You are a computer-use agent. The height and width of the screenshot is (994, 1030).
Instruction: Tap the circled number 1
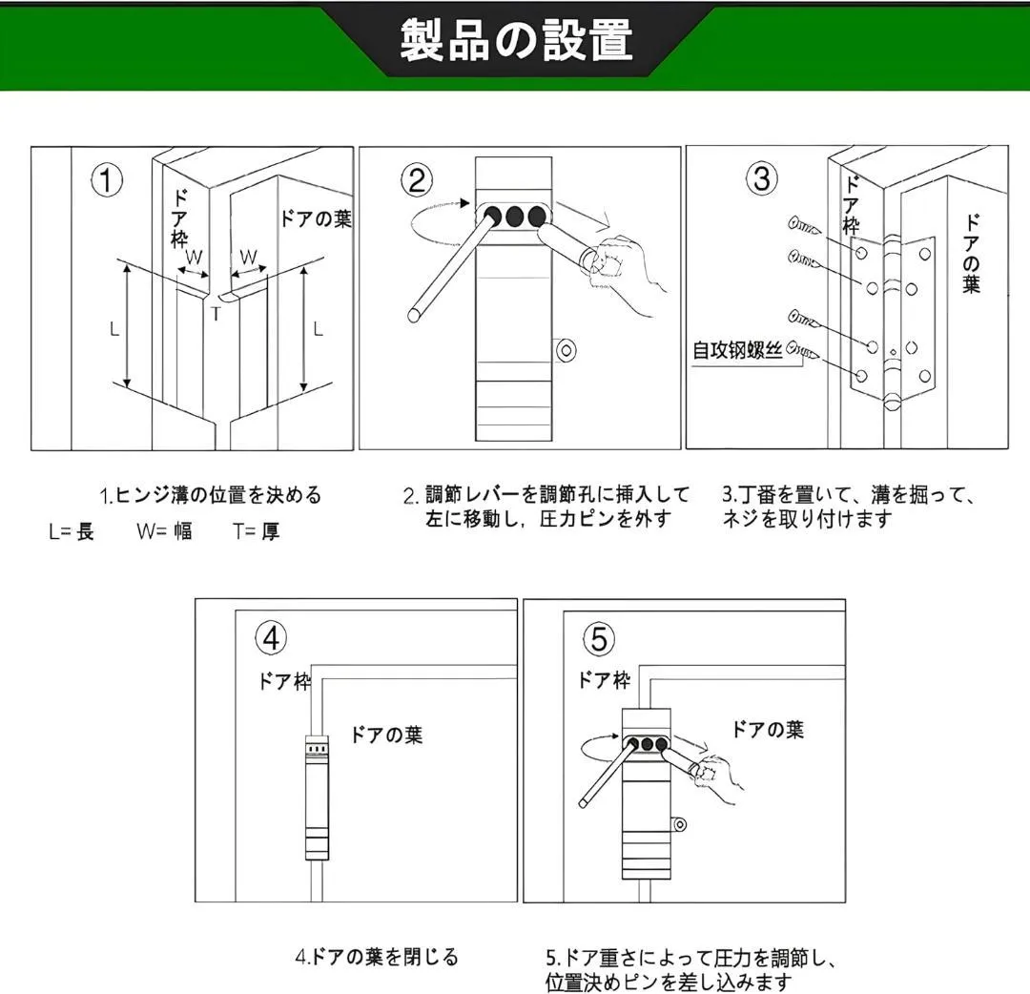point(107,180)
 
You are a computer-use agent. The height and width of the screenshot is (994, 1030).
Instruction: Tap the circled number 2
point(417,180)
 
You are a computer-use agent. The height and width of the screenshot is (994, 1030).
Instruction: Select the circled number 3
point(761,179)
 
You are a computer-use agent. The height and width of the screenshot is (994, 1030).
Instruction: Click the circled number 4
point(271,638)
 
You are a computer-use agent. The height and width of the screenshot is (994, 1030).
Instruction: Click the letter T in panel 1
point(216,312)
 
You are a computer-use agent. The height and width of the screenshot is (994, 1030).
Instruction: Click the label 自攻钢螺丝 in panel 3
point(738,350)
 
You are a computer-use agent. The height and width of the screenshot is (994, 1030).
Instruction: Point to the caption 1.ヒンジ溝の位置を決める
point(211,495)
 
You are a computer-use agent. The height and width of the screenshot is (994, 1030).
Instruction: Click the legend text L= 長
point(72,532)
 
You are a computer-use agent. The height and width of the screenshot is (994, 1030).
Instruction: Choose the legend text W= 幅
point(163,532)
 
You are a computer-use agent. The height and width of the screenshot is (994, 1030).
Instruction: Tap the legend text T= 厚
point(255,532)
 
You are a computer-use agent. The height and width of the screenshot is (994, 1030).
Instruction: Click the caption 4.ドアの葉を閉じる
point(376,956)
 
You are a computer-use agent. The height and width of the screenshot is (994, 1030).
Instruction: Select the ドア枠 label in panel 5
point(604,680)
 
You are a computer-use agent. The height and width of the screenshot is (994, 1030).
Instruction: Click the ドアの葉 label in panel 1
point(315,219)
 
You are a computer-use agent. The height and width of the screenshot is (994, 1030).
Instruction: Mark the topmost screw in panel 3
point(806,227)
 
